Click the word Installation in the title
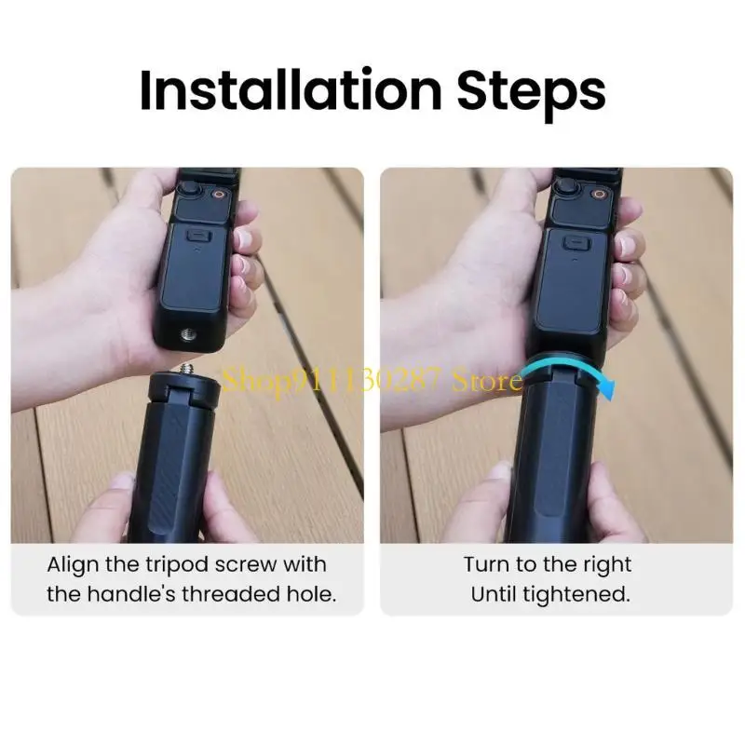click(291, 90)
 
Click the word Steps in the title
click(531, 93)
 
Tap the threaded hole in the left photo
click(187, 335)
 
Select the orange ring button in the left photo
click(220, 195)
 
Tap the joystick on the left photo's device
click(189, 188)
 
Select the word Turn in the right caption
click(487, 565)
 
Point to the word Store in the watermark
click(487, 381)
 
